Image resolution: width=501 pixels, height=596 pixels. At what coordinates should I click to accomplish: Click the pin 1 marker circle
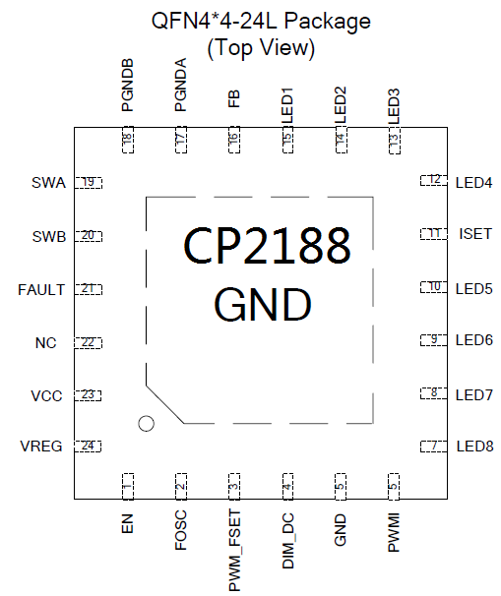point(146,424)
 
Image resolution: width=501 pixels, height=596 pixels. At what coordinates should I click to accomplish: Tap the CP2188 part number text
point(267,245)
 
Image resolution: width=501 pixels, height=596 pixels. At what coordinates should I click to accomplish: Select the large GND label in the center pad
point(263,304)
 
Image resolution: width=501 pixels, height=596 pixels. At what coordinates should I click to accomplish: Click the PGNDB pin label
point(127,85)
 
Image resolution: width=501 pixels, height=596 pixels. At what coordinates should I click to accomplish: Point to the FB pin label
point(234,98)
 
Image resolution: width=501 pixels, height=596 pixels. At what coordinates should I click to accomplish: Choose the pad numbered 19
point(89,183)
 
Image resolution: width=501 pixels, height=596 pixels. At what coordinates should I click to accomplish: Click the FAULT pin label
point(41,289)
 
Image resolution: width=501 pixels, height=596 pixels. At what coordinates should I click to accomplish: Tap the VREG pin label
point(41,446)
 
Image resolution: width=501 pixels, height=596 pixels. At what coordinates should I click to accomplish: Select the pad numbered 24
point(88,446)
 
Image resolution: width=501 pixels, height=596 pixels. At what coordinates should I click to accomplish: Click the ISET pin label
point(475,234)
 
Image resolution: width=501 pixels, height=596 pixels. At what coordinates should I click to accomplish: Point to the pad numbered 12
point(434,180)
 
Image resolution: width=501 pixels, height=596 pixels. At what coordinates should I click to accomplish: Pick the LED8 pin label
point(474,446)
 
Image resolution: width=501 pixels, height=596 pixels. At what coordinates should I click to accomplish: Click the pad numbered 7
point(434,446)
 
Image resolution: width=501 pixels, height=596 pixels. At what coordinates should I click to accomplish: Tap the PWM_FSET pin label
point(234,551)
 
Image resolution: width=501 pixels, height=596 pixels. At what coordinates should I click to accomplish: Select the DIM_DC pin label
point(288,541)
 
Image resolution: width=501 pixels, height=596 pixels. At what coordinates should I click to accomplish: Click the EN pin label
point(127,523)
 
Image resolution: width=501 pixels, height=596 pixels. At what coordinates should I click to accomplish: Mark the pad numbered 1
point(128,487)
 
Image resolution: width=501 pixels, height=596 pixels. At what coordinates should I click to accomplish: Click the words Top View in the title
point(261,47)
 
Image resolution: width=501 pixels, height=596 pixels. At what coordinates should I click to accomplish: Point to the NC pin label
point(45,343)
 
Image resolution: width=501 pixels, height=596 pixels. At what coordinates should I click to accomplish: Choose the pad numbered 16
point(234,140)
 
